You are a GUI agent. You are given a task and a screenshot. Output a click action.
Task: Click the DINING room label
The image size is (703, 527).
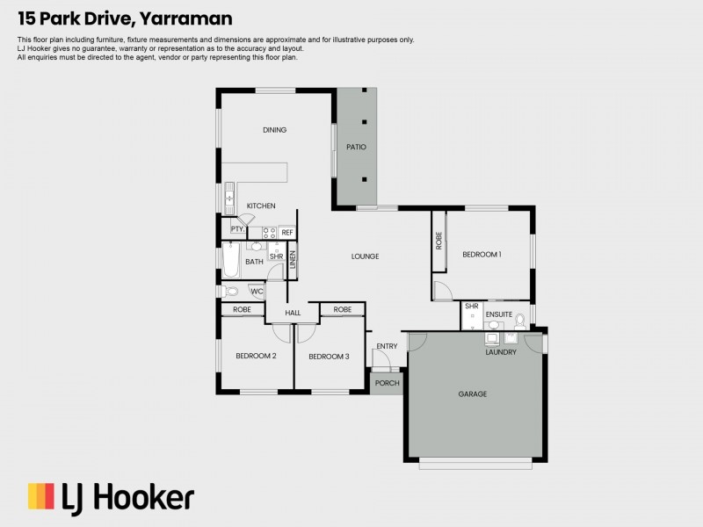274,130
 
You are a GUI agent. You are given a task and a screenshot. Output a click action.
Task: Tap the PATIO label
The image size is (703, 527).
356,147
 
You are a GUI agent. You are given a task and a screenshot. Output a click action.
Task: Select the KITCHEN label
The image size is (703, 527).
261,206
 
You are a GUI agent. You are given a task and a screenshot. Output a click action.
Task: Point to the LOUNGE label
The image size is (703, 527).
365,256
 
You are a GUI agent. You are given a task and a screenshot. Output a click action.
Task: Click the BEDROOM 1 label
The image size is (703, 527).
482,254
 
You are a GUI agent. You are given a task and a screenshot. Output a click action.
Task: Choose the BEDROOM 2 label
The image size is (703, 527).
256,356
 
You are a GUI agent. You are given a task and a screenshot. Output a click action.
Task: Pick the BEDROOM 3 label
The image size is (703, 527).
329,356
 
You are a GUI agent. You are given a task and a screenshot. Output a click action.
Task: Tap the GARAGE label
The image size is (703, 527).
472,394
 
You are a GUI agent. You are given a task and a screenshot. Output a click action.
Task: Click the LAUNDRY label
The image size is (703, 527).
501,352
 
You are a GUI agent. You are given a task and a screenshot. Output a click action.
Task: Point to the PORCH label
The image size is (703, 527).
387,383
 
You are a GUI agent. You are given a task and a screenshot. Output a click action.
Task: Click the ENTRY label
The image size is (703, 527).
387,346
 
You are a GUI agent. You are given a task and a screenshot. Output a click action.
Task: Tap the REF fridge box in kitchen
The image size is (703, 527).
287,233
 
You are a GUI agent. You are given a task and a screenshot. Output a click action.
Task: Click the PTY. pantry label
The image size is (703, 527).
237,229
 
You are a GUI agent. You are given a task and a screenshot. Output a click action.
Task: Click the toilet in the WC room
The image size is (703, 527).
230,292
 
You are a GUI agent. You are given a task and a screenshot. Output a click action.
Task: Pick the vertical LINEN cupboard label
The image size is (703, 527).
293,260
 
